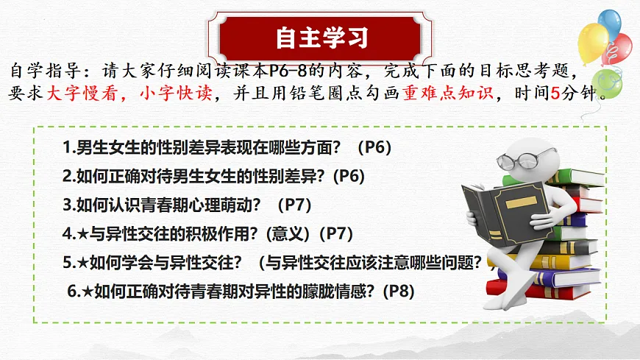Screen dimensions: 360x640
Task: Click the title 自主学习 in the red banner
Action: click(321, 35)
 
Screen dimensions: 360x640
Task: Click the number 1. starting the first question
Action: click(68, 147)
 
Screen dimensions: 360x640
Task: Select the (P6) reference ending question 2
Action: click(349, 177)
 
